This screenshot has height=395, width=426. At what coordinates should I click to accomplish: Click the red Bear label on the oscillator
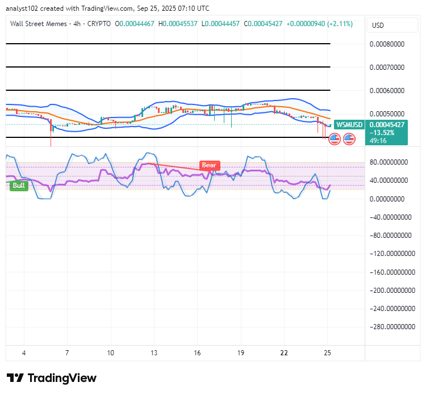[210, 165]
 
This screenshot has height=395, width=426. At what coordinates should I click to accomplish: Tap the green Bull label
[19, 186]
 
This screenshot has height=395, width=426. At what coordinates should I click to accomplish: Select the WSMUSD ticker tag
[349, 125]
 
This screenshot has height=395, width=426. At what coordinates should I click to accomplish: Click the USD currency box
[392, 25]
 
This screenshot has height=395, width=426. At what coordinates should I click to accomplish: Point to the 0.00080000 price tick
[387, 44]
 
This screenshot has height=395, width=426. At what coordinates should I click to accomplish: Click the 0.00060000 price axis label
[387, 90]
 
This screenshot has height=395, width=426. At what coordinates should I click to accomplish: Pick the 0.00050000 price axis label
[387, 114]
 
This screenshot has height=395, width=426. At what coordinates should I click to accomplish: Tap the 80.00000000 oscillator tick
[389, 162]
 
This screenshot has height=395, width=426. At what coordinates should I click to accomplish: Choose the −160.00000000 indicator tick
[392, 272]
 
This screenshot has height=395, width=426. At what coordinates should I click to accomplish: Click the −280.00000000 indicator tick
[392, 326]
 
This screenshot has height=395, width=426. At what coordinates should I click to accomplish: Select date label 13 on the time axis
[154, 353]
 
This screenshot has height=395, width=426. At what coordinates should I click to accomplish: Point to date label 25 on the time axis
[328, 353]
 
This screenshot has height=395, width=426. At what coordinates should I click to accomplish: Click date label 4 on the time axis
[24, 353]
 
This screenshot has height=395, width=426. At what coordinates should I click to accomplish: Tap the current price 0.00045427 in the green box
[387, 125]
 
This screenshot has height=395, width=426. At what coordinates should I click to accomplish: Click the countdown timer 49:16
[378, 141]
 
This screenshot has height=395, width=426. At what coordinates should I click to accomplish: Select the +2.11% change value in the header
[340, 24]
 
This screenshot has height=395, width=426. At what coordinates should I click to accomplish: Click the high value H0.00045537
[178, 24]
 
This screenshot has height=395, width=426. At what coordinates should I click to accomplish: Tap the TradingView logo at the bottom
[52, 378]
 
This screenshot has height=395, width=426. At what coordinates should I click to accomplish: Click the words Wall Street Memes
[38, 24]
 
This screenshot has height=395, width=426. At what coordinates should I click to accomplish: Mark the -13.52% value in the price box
[382, 133]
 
